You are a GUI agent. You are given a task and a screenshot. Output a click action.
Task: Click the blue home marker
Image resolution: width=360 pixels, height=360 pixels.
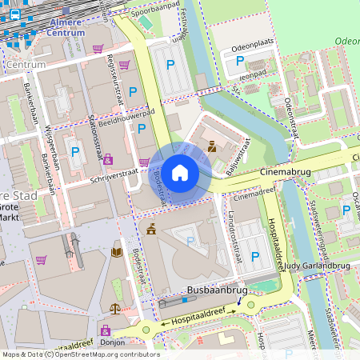pyautogui.click(x=180, y=173)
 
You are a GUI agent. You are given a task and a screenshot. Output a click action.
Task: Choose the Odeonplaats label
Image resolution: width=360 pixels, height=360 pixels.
pyautogui.click(x=252, y=48)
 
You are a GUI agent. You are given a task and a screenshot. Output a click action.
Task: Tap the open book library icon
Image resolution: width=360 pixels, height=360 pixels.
pyautogui.click(x=117, y=253)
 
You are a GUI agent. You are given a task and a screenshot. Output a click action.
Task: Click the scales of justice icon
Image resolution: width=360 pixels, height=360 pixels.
pyautogui.click(x=117, y=307)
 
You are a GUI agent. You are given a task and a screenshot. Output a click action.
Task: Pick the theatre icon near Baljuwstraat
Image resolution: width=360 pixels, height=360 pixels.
pyautogui.click(x=211, y=146)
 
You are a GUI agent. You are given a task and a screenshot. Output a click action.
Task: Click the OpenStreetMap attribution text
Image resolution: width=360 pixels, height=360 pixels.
pyautogui.click(x=80, y=354)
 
